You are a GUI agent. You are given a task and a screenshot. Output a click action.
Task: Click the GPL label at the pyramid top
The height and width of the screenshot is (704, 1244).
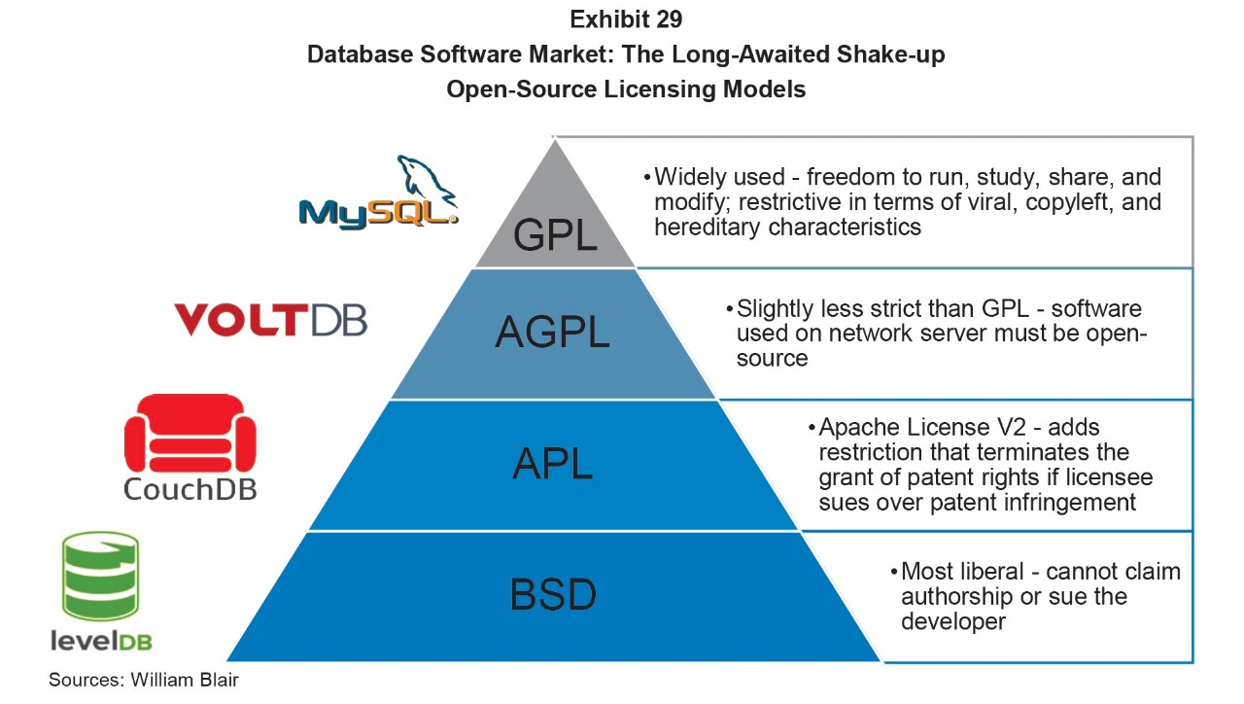coord(555,234)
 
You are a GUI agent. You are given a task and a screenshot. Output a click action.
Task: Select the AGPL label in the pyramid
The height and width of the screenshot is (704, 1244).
coord(552,334)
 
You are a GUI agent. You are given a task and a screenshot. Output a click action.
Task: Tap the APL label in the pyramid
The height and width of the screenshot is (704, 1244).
coord(552,464)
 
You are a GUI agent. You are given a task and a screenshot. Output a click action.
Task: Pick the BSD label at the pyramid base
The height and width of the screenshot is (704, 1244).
coord(553,594)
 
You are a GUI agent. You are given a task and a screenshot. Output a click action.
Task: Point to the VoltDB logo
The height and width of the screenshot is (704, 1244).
coord(270,319)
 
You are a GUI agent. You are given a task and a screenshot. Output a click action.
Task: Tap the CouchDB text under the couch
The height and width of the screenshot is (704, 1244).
coord(190,487)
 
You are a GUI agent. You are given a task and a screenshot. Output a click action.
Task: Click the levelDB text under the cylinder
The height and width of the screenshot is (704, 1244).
coord(101,641)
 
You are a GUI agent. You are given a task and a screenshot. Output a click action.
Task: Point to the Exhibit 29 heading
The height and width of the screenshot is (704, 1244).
coord(626,18)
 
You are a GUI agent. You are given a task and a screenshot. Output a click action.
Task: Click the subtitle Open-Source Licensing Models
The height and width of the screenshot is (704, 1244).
coord(626,89)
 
